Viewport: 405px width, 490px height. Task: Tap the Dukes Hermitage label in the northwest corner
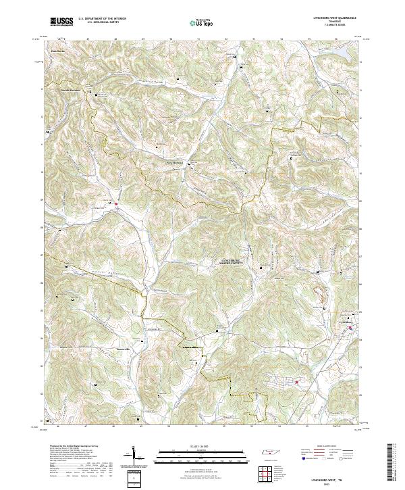coord(56,51)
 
